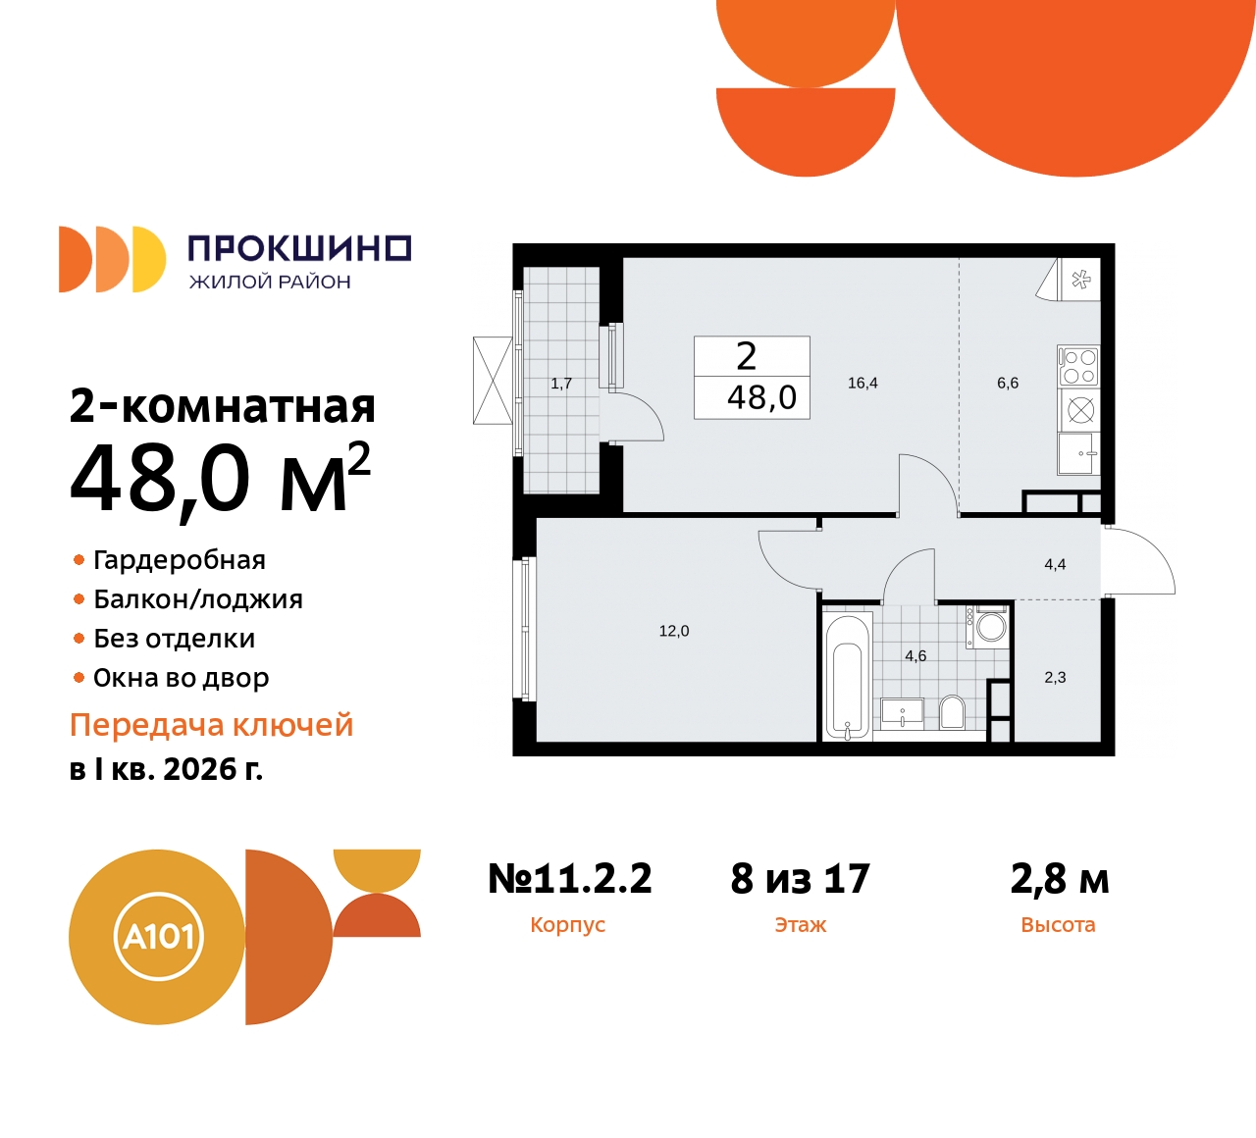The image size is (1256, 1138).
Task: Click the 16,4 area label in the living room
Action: [863, 383]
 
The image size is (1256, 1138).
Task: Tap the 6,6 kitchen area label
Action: [1008, 383]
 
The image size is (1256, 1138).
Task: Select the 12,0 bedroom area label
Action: [674, 631]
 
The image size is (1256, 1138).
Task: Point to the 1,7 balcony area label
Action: [561, 384]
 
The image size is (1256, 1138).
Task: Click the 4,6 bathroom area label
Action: [916, 656]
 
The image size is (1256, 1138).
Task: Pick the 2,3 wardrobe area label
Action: [1055, 677]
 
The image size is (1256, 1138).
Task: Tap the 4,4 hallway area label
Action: [1055, 565]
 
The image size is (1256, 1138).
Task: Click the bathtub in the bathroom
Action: [848, 677]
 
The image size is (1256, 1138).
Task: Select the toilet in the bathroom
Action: [953, 711]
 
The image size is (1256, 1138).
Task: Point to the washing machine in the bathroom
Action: [987, 627]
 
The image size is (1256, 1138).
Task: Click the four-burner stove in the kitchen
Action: [1078, 366]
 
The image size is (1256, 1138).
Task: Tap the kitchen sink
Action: [1078, 454]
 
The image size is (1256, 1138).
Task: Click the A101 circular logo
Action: [158, 937]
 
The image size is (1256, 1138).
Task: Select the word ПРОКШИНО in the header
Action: [300, 248]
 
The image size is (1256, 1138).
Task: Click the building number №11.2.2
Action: [570, 878]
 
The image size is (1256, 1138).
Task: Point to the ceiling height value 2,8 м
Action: [1060, 879]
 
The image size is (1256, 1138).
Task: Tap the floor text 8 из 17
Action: [800, 878]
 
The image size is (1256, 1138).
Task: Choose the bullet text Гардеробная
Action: [180, 560]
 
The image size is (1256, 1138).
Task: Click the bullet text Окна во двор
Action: [182, 678]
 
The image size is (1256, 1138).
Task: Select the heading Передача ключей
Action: [212, 726]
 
